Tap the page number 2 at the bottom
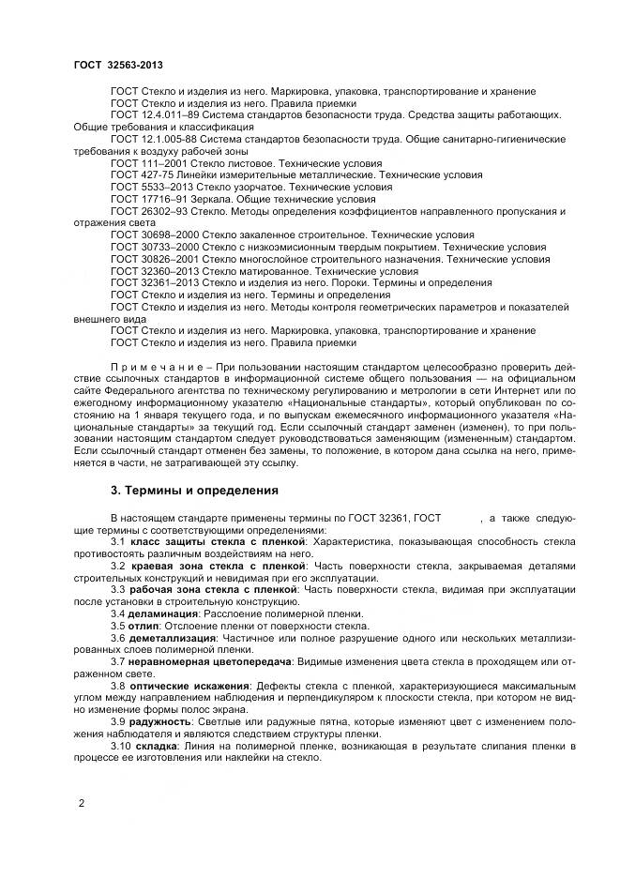82,803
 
